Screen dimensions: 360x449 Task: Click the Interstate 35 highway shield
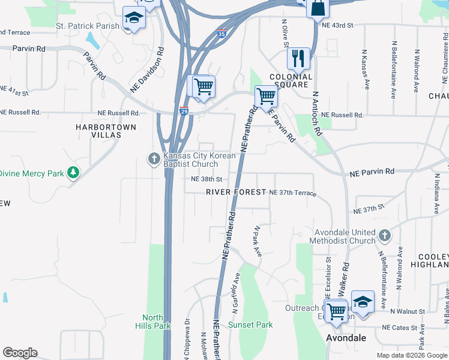222,34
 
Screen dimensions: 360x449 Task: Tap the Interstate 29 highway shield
185,110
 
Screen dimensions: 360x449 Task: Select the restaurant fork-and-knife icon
298,59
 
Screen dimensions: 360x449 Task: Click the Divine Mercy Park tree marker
73,173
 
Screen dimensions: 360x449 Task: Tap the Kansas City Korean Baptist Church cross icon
154,159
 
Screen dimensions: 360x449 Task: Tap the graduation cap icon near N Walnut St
363,302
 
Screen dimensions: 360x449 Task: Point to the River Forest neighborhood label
236,192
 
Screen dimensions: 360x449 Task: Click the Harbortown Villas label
106,131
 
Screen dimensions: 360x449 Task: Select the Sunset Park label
250,325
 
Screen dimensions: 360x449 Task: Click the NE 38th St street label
206,179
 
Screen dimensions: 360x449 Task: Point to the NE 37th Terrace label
292,192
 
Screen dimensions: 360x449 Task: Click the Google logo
20,353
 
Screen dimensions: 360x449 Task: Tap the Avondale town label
346,338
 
